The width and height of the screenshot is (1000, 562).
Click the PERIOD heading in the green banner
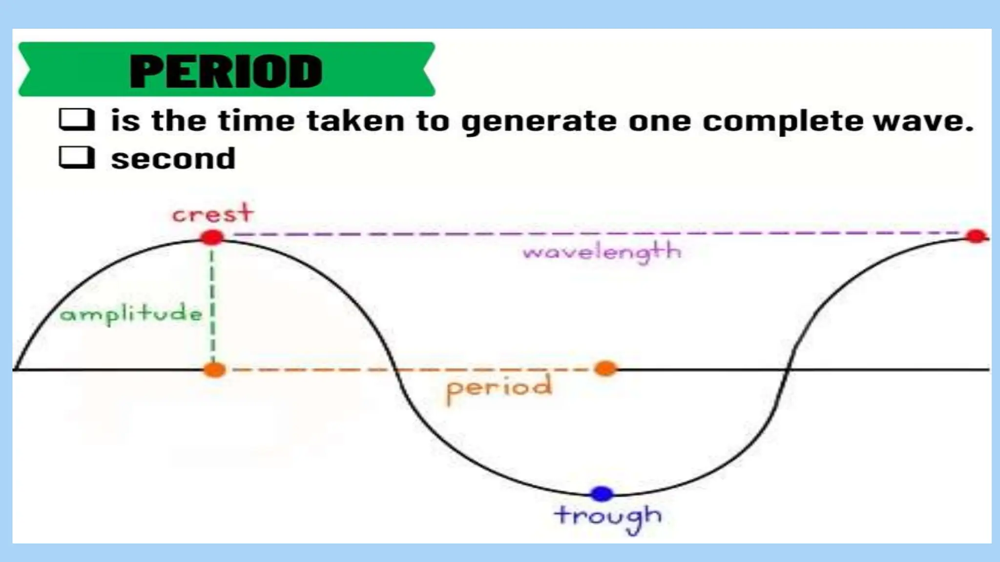(226, 71)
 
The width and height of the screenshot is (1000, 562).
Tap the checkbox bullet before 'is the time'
(77, 120)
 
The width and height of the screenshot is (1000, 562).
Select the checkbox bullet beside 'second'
(77, 158)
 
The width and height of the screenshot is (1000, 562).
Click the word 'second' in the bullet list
(173, 159)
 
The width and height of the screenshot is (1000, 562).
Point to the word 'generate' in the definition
(539, 121)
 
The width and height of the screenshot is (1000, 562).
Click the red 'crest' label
(213, 214)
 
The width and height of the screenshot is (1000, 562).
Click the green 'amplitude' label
(130, 314)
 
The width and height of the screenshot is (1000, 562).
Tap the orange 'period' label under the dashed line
(499, 388)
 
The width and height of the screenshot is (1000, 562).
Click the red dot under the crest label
(212, 238)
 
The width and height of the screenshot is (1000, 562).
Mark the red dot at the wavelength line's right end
(976, 237)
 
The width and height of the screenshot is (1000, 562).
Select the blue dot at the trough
(602, 494)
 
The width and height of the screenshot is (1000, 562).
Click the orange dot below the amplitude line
(214, 370)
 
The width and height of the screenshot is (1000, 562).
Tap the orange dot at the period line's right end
(605, 369)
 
